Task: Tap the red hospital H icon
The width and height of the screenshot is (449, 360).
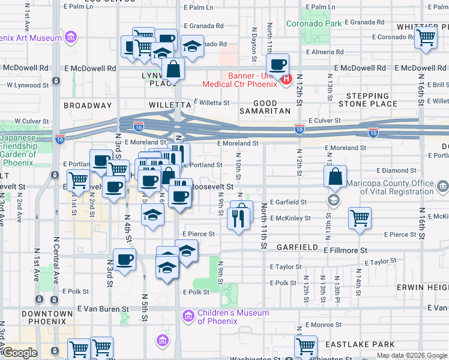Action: (x=286, y=78)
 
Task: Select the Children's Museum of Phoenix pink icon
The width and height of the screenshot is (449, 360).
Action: (x=187, y=315)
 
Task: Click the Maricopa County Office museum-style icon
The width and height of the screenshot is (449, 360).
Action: (x=443, y=187)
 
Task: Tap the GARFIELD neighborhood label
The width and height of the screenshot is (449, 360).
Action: (x=297, y=247)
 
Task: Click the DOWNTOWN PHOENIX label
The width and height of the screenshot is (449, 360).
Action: (x=47, y=317)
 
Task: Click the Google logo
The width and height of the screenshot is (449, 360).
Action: (x=20, y=353)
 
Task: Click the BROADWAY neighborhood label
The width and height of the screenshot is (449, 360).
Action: (x=88, y=106)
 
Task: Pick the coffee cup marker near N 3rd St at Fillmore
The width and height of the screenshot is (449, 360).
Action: (x=124, y=260)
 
